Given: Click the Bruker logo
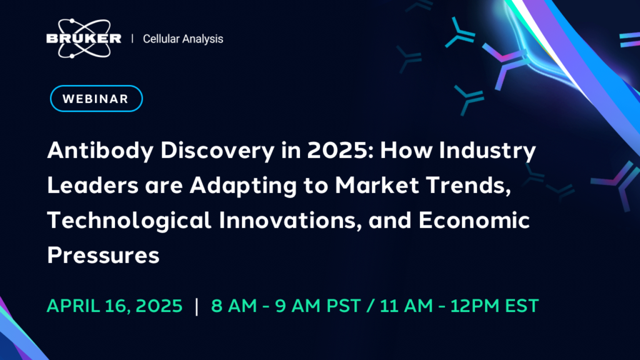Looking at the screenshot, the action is pyautogui.click(x=84, y=38).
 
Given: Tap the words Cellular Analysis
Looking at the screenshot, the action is pyautogui.click(x=183, y=39).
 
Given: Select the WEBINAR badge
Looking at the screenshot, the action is pyautogui.click(x=96, y=98).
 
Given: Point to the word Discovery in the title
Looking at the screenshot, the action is pyautogui.click(x=217, y=151).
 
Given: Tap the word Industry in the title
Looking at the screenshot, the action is pyautogui.click(x=487, y=151).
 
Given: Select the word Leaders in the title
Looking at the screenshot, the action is pyautogui.click(x=92, y=185).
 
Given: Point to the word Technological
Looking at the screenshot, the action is pyautogui.click(x=129, y=221).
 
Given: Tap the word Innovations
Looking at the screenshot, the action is pyautogui.click(x=290, y=221).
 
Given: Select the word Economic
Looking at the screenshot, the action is pyautogui.click(x=474, y=221).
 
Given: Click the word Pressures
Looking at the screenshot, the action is pyautogui.click(x=103, y=256).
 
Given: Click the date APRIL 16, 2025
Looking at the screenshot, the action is pyautogui.click(x=115, y=306).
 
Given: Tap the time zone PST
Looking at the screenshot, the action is pyautogui.click(x=344, y=306).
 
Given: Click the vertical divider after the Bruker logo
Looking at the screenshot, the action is pyautogui.click(x=132, y=39).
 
